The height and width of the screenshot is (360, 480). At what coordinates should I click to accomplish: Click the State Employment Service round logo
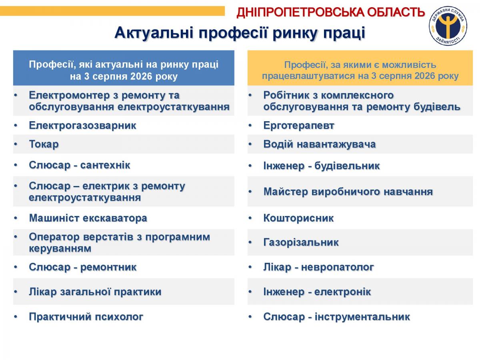[448, 26]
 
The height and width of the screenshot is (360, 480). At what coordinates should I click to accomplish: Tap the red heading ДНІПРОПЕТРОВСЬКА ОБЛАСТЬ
[331, 12]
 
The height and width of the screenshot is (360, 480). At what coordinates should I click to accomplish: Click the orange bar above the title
[112, 11]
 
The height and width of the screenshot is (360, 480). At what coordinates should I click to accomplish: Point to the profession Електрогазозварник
[83, 126]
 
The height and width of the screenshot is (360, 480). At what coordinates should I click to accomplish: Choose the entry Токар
[44, 144]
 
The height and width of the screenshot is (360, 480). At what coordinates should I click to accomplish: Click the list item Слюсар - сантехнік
[80, 165]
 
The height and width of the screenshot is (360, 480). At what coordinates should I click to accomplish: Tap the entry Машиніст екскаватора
[88, 218]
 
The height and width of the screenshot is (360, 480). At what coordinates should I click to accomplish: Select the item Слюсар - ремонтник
[83, 267]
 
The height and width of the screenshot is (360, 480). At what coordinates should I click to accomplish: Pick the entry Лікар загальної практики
[95, 292]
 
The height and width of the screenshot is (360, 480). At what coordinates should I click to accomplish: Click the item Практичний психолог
[86, 317]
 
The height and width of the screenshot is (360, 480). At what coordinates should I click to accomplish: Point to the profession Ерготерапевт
[299, 126]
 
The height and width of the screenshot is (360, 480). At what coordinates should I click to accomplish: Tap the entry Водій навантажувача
[320, 144]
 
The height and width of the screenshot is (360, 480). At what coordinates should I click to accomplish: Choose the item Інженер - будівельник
[322, 166]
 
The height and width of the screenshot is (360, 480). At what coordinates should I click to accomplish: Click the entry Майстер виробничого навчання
[348, 192]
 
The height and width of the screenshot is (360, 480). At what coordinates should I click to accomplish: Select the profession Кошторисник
[298, 218]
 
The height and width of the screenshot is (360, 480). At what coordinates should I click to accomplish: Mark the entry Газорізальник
[301, 242]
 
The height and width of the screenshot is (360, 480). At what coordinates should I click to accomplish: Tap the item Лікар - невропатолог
[319, 267]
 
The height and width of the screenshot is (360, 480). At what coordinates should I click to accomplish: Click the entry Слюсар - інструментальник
[336, 317]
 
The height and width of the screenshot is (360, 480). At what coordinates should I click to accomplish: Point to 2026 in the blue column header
[141, 76]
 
